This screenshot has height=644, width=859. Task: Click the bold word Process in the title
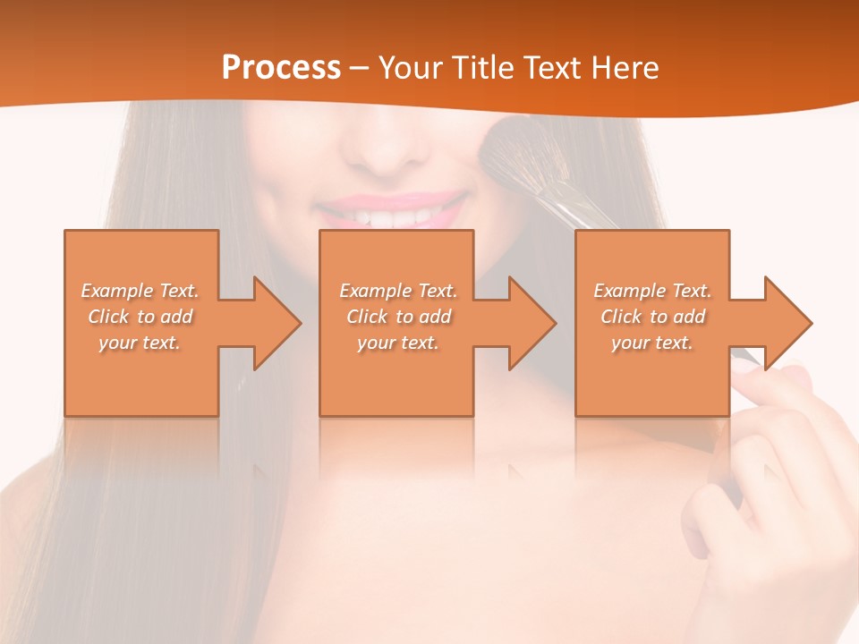click(281, 68)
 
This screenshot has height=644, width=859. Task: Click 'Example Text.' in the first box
click(140, 291)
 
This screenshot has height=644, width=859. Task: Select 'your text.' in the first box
click(140, 343)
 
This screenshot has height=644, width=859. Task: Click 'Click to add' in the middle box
click(398, 317)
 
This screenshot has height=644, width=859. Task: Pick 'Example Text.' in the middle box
click(398, 291)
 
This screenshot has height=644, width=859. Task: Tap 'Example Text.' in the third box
click(652, 291)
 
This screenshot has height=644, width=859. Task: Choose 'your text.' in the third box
click(652, 343)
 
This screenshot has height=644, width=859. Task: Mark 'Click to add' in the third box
click(652, 317)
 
